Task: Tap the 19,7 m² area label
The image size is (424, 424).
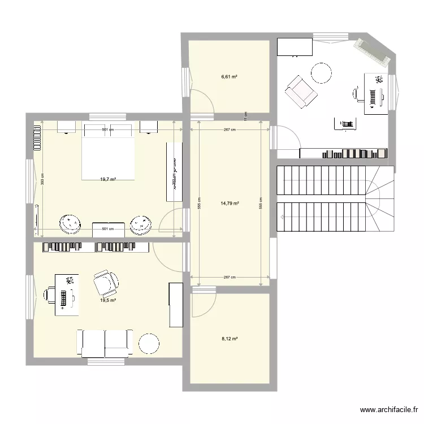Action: [108, 179]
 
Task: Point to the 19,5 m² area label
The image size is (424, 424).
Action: [108, 300]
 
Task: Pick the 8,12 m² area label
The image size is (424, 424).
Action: [229, 339]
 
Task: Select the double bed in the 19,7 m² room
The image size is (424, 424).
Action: [109, 152]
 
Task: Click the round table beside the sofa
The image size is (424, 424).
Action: [149, 344]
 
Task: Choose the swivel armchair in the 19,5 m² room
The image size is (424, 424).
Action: [106, 282]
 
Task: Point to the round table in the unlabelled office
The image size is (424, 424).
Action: [321, 73]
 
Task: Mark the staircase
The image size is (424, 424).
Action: [334, 199]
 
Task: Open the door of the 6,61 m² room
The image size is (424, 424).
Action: [202, 102]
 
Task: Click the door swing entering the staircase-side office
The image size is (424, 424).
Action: [285, 139]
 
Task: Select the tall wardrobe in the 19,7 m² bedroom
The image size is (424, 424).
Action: [175, 171]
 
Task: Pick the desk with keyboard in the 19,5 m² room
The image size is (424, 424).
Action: [67, 294]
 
